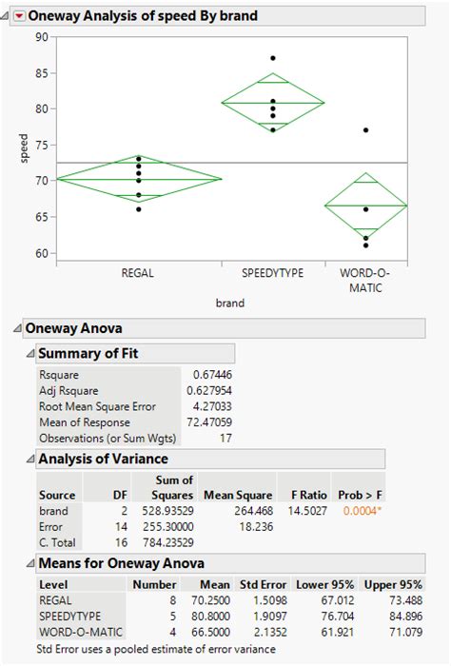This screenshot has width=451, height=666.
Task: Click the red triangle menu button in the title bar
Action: tap(17, 15)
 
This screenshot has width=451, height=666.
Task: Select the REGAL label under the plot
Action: tap(138, 273)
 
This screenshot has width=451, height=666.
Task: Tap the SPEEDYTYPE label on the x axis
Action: tap(272, 273)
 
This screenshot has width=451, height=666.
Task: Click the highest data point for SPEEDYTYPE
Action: tap(273, 58)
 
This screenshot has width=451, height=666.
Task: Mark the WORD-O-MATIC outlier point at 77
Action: tap(366, 130)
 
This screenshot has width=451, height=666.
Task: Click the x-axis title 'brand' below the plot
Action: tap(229, 304)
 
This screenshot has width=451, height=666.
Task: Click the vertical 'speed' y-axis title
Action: tap(23, 145)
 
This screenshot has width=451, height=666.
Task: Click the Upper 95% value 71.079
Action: tap(402, 633)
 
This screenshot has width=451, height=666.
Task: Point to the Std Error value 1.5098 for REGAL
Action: tap(270, 601)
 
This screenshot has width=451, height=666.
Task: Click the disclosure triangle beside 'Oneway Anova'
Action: tap(16, 328)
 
